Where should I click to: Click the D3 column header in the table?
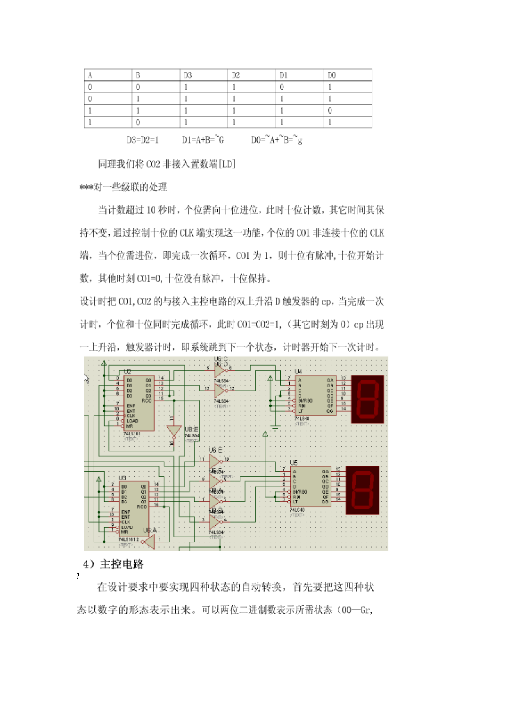pyautogui.click(x=188, y=75)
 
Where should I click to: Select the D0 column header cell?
pyautogui.click(x=331, y=75)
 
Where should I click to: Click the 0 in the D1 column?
pyautogui.click(x=282, y=87)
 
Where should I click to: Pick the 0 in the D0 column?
pyautogui.click(x=330, y=111)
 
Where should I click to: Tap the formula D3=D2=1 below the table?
pyautogui.click(x=142, y=140)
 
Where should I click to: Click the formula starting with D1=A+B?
pyautogui.click(x=203, y=140)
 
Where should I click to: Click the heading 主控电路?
pyautogui.click(x=122, y=564)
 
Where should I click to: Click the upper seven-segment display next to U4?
pyautogui.click(x=367, y=399)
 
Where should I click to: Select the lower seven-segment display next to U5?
pyautogui.click(x=362, y=490)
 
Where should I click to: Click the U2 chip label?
pyautogui.click(x=128, y=371)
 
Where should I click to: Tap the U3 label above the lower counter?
pyautogui.click(x=122, y=478)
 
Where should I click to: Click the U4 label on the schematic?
pyautogui.click(x=299, y=371)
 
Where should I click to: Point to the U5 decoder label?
pyautogui.click(x=294, y=463)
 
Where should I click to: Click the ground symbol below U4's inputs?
pyautogui.click(x=276, y=428)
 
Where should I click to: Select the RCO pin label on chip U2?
pyautogui.click(x=146, y=400)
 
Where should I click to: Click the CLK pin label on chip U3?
pyautogui.click(x=126, y=522)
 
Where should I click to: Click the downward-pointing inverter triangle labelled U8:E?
pyautogui.click(x=173, y=431)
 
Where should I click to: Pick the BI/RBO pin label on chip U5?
pyautogui.click(x=300, y=491)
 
